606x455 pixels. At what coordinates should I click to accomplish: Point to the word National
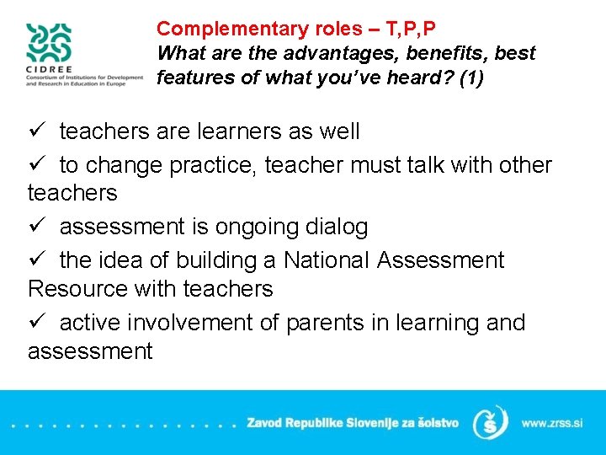(x=327, y=260)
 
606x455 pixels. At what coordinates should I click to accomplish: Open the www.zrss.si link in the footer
(x=552, y=422)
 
